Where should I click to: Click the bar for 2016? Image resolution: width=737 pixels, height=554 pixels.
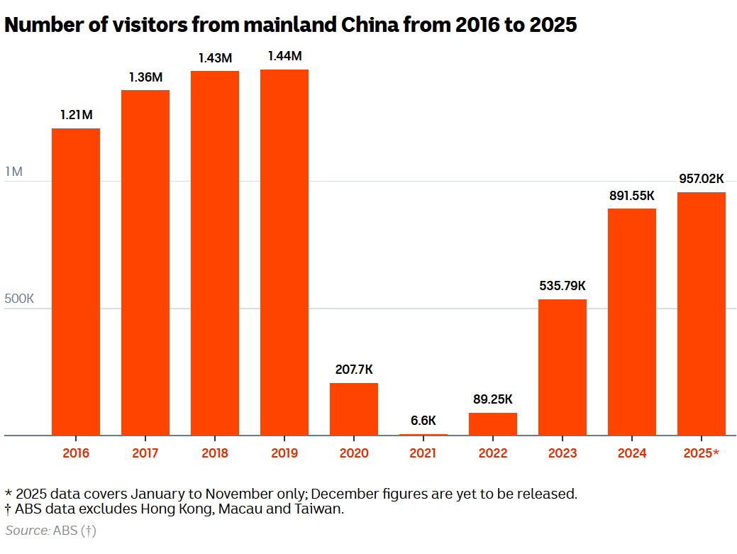click(76, 282)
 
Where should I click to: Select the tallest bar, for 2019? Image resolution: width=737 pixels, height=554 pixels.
click(284, 252)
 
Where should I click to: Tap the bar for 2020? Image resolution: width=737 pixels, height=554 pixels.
click(354, 409)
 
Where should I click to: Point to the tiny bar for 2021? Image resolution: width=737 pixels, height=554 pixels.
click(423, 434)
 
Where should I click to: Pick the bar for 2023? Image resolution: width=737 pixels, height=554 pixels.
click(563, 367)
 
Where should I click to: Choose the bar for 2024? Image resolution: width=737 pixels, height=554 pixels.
click(632, 322)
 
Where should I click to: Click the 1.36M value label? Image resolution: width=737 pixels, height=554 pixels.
click(145, 77)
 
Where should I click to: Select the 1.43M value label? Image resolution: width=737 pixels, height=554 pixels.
click(215, 58)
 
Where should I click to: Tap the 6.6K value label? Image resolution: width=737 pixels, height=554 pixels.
click(423, 420)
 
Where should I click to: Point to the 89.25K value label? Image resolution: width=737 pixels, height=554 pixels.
click(493, 399)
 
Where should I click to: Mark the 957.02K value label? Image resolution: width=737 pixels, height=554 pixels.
click(702, 179)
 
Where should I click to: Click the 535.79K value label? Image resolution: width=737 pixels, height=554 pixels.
click(563, 286)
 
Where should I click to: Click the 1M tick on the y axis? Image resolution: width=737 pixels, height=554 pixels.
click(14, 172)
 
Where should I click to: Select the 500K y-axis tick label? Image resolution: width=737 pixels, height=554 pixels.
click(20, 299)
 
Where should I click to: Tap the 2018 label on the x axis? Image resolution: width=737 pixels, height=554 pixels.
click(215, 453)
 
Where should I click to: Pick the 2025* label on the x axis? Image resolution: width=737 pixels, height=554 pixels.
click(702, 453)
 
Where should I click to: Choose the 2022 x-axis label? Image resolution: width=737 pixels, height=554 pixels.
click(493, 453)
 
